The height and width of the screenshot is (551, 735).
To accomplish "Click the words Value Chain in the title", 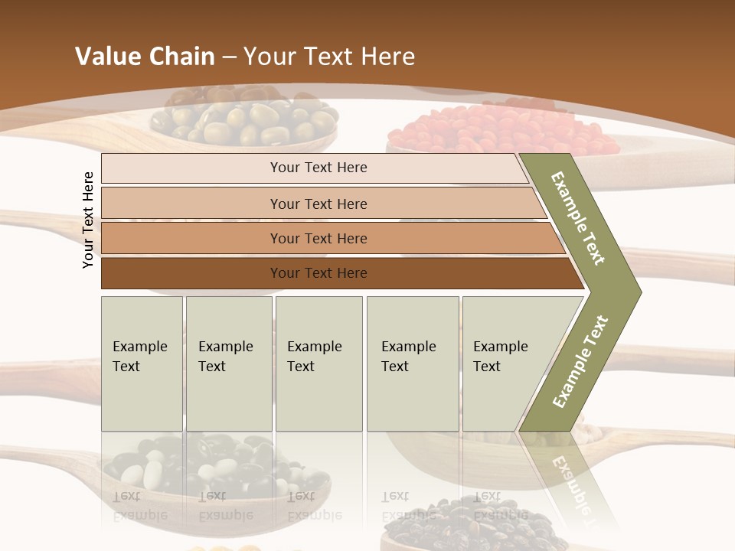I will [145, 57].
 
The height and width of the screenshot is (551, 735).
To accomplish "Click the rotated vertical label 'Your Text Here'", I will [88, 220].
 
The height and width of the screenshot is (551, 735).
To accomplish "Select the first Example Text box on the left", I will [142, 364].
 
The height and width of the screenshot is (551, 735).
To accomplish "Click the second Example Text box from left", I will [228, 364].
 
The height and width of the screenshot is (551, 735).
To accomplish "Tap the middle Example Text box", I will [318, 364].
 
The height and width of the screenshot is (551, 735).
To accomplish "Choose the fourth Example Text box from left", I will [412, 364].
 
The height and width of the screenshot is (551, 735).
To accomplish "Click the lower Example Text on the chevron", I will [580, 361].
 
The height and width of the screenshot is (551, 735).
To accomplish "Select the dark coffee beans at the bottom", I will [467, 528].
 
